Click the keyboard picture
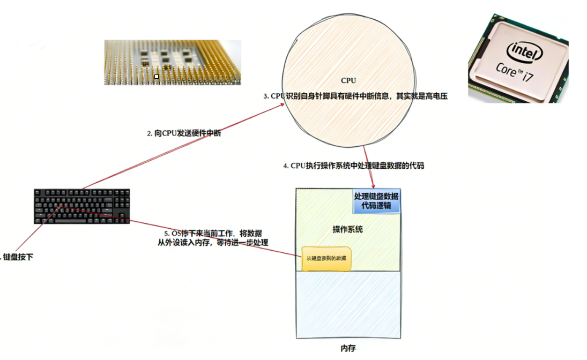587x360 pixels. click(x=82, y=206)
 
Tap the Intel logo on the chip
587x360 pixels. click(x=526, y=51)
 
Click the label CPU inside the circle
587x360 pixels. click(x=348, y=81)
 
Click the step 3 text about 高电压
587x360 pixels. click(x=355, y=96)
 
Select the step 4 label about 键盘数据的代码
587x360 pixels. click(x=353, y=166)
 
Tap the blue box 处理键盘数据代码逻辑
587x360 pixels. click(x=376, y=201)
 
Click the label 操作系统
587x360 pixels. click(x=347, y=229)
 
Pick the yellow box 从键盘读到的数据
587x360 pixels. click(x=326, y=258)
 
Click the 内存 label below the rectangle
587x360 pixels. click(x=348, y=348)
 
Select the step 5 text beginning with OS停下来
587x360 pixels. click(x=213, y=234)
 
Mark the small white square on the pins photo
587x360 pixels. click(x=157, y=77)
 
